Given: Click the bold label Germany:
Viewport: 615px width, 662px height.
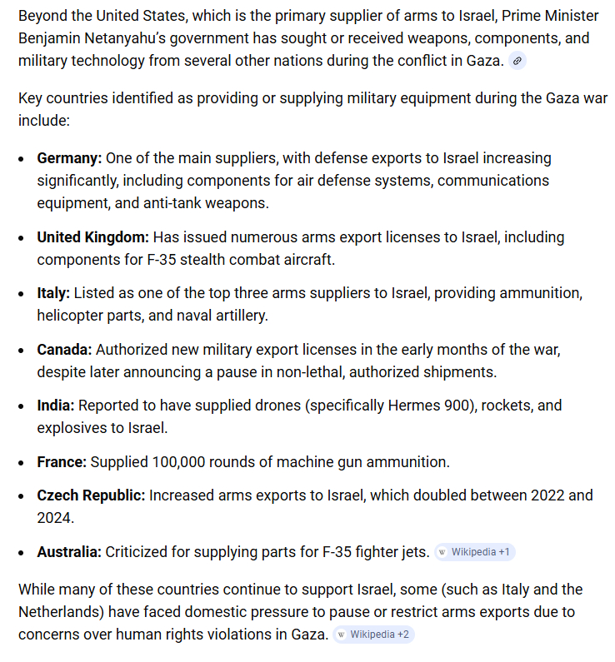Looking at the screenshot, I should click(x=69, y=158).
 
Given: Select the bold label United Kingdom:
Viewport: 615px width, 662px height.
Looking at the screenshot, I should click(x=92, y=237).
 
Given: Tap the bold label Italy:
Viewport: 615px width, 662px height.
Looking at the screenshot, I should click(x=53, y=294).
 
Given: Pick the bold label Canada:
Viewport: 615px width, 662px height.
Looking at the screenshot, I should click(x=64, y=350).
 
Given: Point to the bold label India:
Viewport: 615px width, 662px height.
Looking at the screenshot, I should click(x=56, y=406).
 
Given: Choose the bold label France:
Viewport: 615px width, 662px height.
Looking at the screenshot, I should click(x=62, y=461).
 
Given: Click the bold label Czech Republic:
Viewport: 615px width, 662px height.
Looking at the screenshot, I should click(x=91, y=495).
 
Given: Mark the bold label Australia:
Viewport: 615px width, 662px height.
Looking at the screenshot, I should click(x=69, y=551).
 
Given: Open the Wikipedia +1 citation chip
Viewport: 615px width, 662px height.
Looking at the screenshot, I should click(x=475, y=552).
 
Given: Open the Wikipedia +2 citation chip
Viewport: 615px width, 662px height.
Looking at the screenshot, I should click(x=373, y=635).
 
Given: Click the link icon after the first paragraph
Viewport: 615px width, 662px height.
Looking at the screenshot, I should click(x=517, y=61).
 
